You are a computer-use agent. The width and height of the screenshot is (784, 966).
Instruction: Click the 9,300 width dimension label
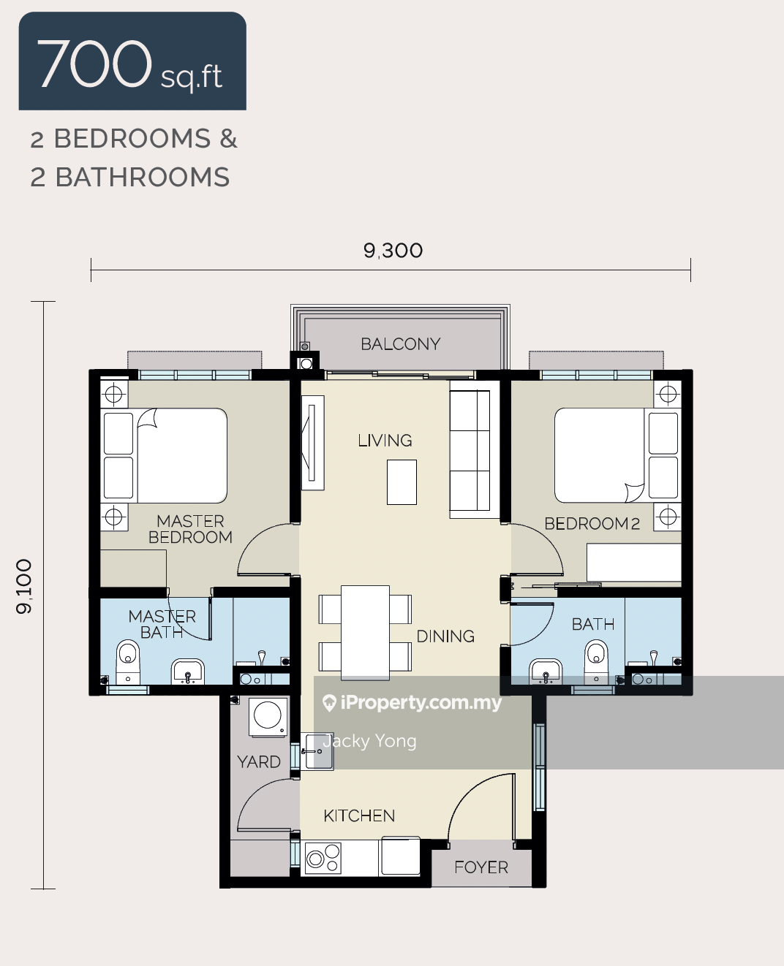(393, 251)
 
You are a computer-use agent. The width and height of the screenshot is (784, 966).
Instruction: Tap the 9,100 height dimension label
(23, 587)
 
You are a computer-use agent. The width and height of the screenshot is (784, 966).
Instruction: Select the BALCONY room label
(400, 344)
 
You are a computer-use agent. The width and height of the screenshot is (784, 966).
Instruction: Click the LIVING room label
(385, 441)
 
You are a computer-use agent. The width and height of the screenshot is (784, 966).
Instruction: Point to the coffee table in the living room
(402, 482)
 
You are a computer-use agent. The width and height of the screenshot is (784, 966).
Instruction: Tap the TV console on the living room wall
(313, 443)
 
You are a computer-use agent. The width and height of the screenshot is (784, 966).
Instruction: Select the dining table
(365, 633)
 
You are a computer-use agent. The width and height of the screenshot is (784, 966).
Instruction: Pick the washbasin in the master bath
(187, 672)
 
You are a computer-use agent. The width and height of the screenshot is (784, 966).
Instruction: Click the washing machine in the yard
(268, 717)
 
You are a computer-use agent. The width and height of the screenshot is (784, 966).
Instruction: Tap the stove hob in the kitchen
(323, 858)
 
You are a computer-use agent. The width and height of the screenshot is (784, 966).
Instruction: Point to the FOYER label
(480, 867)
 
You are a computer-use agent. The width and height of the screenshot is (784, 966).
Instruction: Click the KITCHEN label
(359, 816)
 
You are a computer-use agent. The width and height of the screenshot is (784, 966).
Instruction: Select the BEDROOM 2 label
(592, 524)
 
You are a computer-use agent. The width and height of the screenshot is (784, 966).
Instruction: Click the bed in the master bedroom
(165, 455)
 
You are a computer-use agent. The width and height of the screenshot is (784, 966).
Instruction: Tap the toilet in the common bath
(596, 661)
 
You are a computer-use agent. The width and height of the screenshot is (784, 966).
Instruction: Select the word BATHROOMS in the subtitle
(143, 177)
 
